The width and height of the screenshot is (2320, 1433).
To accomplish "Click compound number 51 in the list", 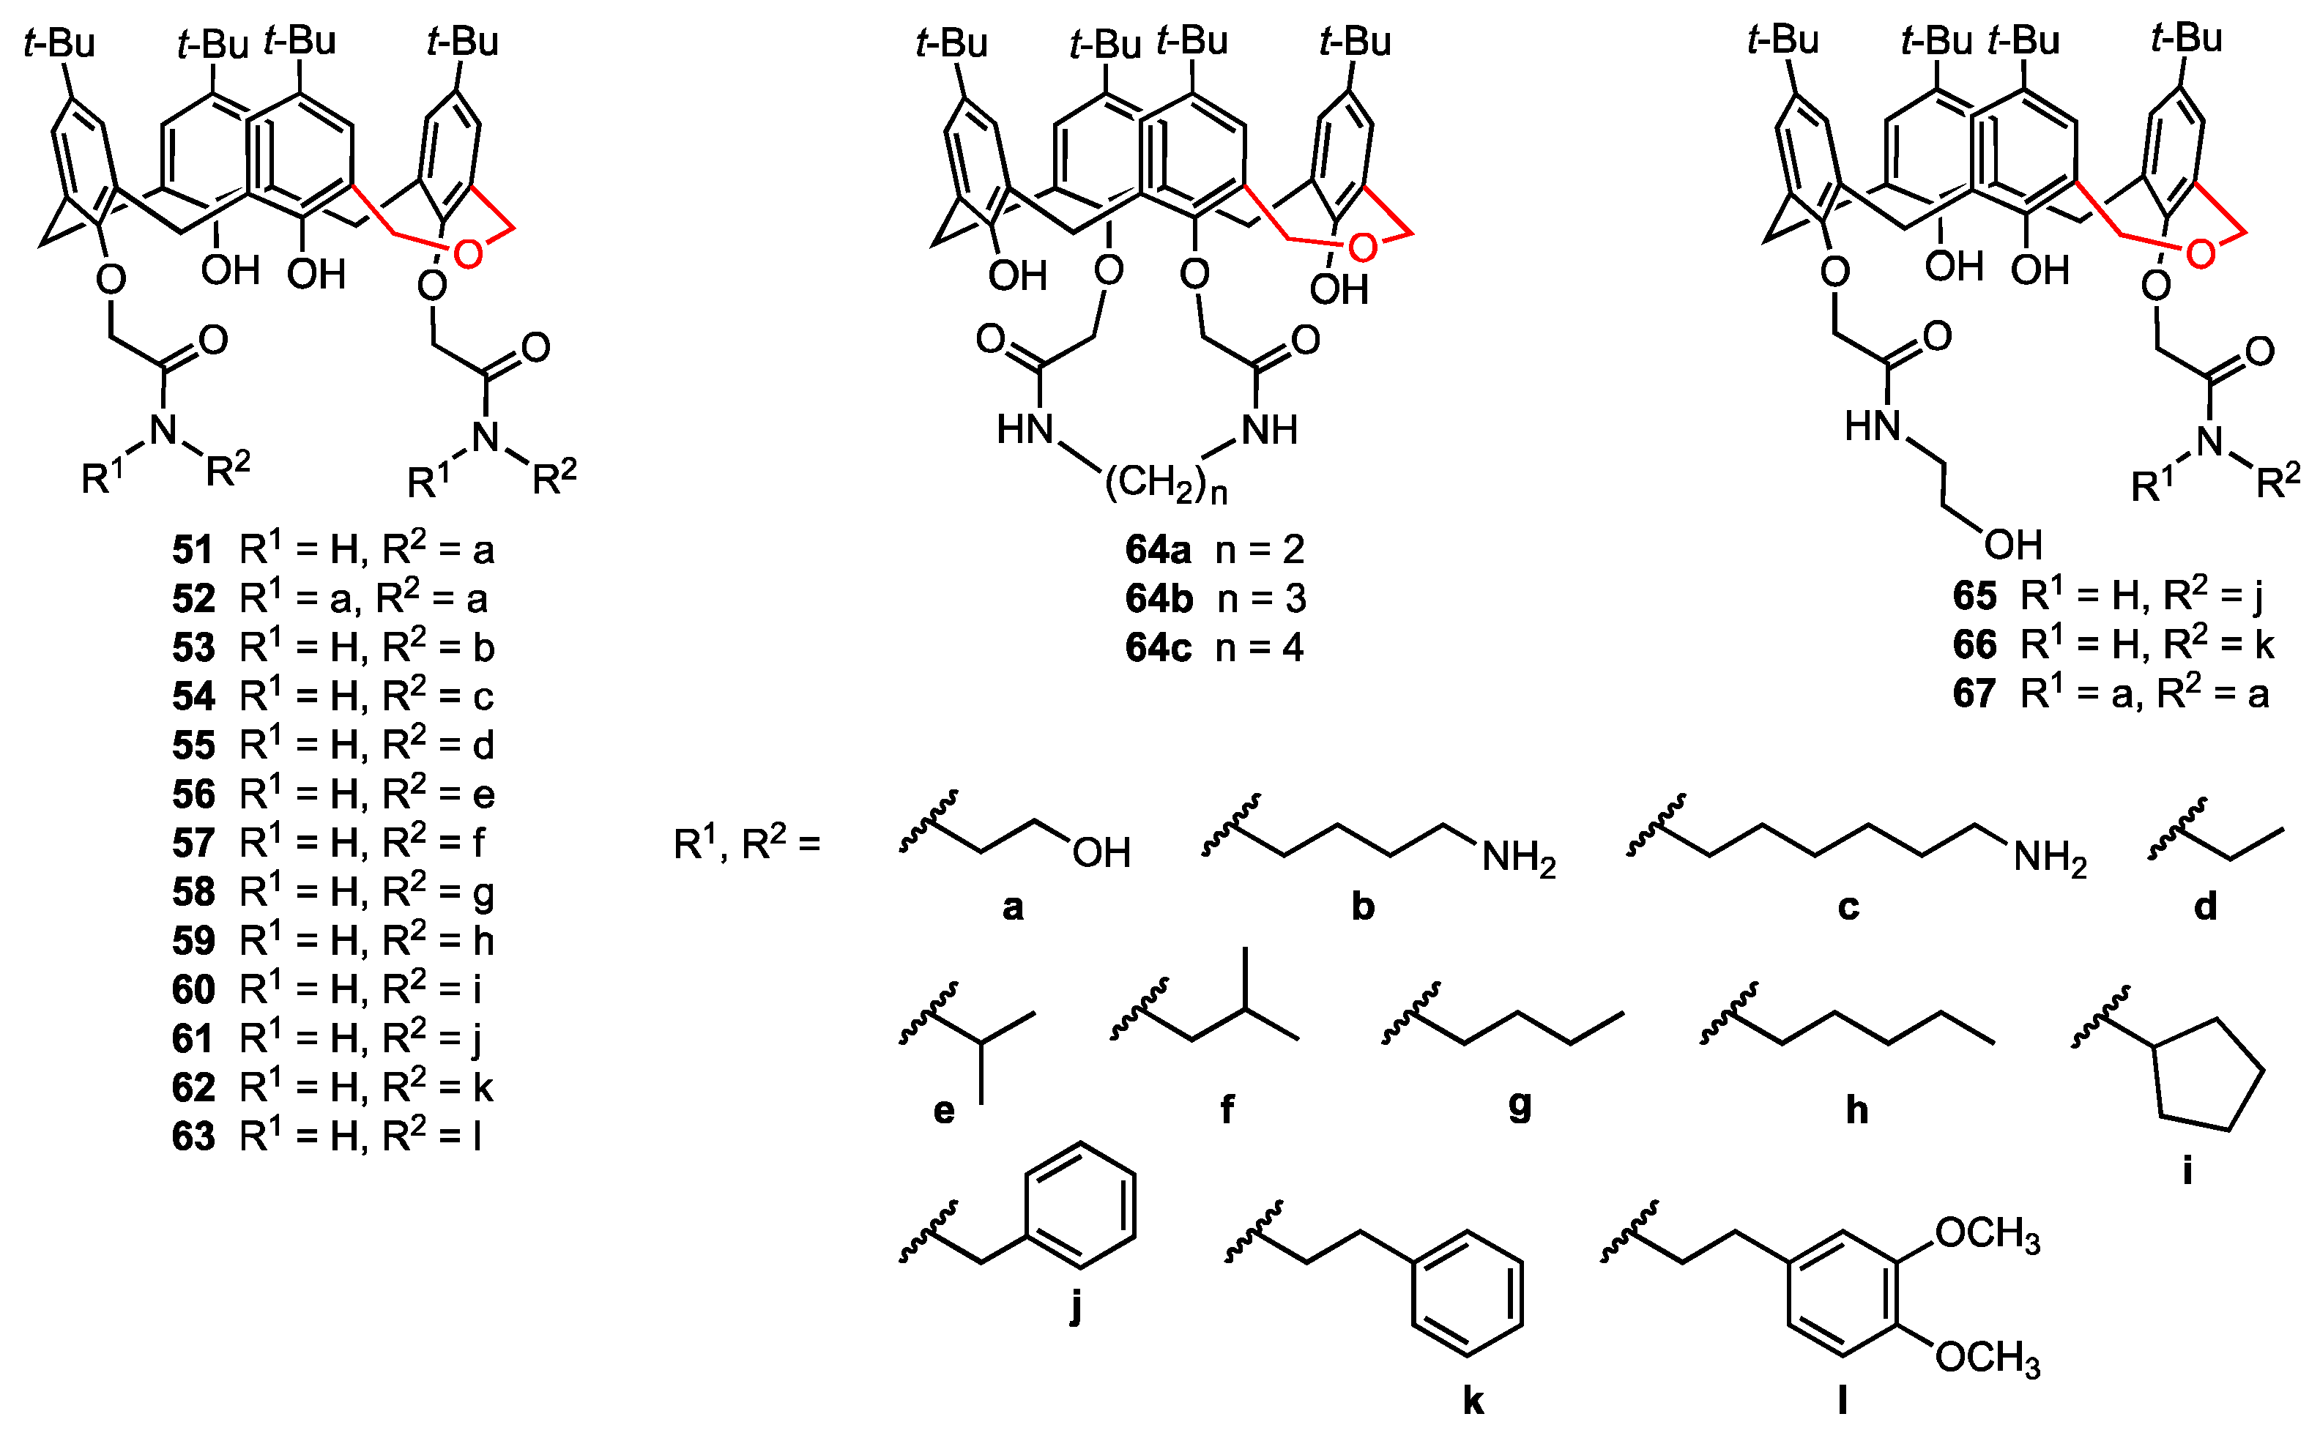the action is (x=193, y=550).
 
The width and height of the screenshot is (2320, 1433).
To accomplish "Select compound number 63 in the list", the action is (x=193, y=1136).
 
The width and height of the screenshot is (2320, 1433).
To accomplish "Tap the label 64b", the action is (x=1158, y=599).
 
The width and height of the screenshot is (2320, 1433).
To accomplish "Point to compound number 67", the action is (x=1974, y=693).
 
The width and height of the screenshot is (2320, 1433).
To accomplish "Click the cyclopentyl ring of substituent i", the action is (x=2209, y=1076).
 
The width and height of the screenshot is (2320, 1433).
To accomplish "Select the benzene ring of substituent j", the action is (x=1079, y=1205).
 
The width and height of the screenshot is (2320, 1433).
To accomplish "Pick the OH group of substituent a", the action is (x=1101, y=853).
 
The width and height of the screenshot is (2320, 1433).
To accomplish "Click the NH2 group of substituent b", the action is (x=1518, y=857).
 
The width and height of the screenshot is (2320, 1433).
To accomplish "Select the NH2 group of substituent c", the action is (x=2050, y=857).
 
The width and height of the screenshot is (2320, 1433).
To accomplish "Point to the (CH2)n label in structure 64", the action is (x=1166, y=483).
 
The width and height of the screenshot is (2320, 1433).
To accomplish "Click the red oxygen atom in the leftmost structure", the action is (x=467, y=253).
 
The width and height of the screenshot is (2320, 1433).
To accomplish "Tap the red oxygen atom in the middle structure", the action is (x=1362, y=248).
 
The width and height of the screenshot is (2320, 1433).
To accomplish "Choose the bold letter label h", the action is (x=1856, y=1109).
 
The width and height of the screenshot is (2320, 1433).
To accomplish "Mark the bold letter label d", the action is (x=2205, y=907).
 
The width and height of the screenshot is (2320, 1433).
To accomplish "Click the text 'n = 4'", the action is (x=1260, y=648).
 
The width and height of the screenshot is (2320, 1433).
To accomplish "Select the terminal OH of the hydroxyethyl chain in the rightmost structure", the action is (x=2013, y=545).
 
